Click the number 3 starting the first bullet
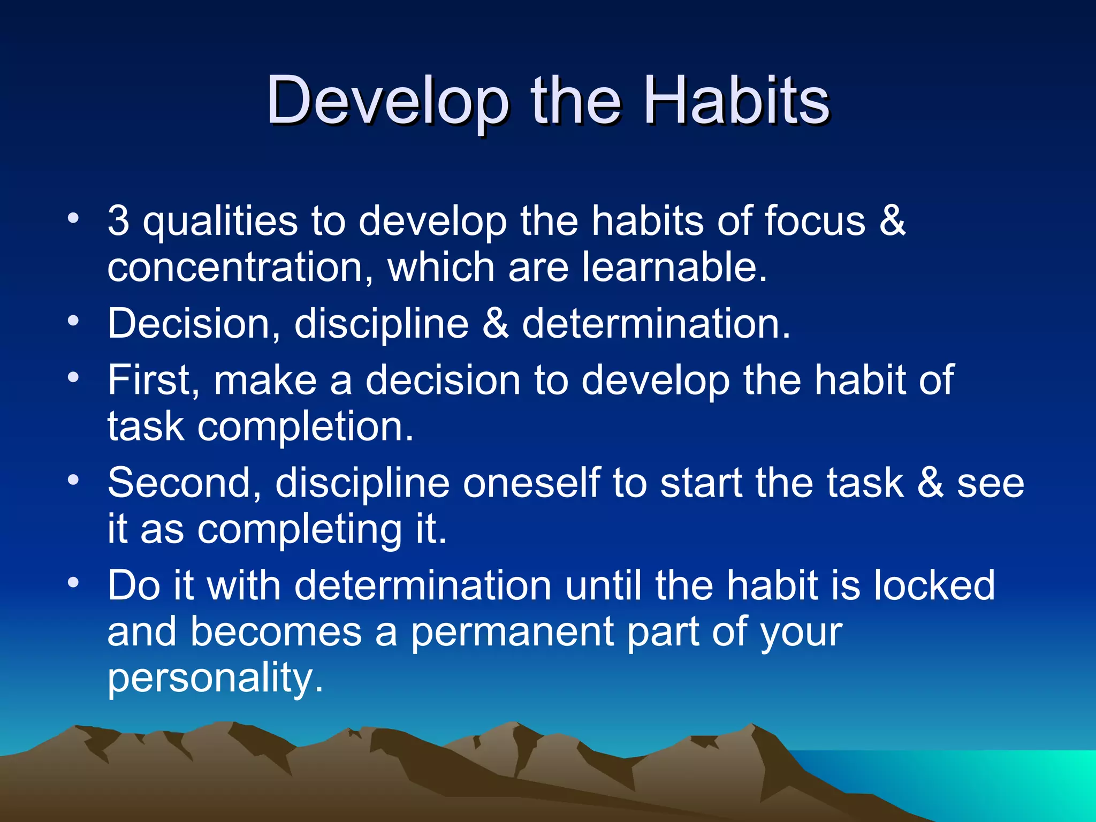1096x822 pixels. (118, 220)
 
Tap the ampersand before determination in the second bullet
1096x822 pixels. (496, 324)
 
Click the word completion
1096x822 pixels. (306, 427)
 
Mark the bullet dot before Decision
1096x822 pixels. (73, 321)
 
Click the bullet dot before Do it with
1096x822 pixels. (73, 582)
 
